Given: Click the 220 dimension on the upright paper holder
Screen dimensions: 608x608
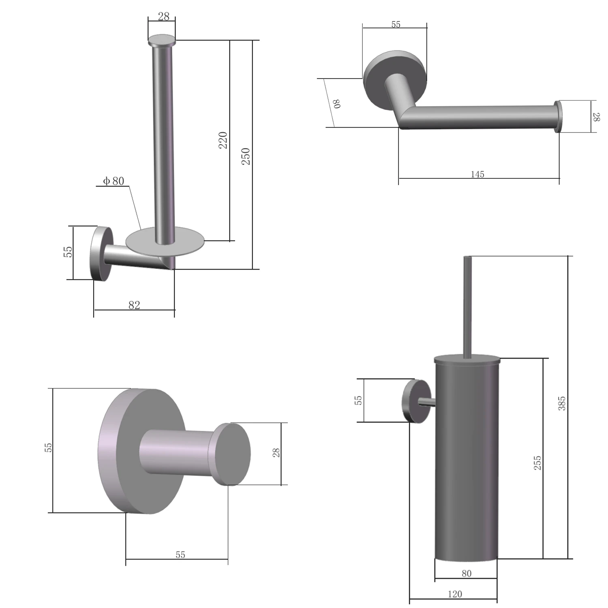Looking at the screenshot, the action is [223, 140].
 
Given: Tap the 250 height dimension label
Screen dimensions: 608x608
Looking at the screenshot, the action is [246, 156].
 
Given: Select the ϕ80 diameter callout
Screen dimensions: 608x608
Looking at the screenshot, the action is [113, 181].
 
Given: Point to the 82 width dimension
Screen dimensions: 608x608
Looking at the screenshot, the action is [134, 305].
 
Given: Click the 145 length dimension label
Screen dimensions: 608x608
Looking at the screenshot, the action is [477, 174].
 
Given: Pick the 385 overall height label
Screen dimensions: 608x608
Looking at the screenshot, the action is [561, 404].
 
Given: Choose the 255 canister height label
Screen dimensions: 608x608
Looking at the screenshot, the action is [537, 463].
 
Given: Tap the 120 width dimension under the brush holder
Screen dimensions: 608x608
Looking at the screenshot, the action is [455, 594].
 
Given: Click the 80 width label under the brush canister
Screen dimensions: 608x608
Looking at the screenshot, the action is [467, 574].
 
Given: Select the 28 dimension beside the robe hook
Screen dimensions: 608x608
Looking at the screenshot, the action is [276, 453].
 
